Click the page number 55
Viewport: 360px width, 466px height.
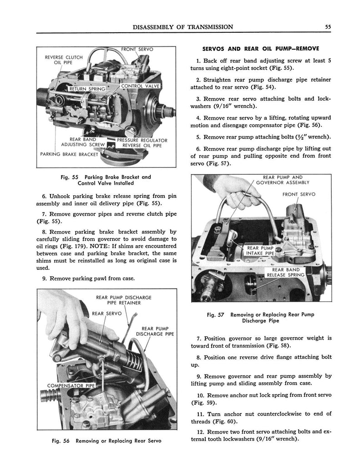click(x=328, y=27)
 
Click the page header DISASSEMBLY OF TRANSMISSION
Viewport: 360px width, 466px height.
click(x=183, y=27)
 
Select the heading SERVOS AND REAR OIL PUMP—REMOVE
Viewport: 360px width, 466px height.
click(x=260, y=48)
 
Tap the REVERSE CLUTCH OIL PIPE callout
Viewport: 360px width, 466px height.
click(x=64, y=60)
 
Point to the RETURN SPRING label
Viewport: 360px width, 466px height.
click(x=86, y=88)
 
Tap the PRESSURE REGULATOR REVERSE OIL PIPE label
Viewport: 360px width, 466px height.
click(x=142, y=143)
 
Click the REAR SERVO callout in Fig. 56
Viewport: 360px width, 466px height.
click(x=106, y=313)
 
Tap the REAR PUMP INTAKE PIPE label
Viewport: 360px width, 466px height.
click(x=260, y=251)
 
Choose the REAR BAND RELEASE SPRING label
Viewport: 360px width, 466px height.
click(x=285, y=272)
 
